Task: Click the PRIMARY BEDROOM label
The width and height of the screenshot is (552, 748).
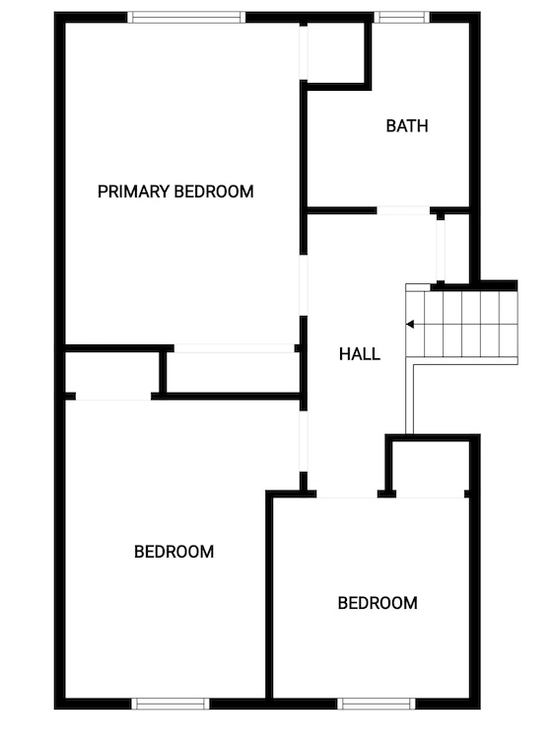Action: pyautogui.click(x=175, y=191)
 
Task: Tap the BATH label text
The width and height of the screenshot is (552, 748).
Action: pyautogui.click(x=407, y=126)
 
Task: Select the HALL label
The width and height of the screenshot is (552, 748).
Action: pyautogui.click(x=360, y=354)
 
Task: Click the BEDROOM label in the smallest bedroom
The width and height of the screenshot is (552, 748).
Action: pyautogui.click(x=378, y=603)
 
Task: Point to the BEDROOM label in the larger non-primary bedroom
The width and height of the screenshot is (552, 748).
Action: pyautogui.click(x=174, y=552)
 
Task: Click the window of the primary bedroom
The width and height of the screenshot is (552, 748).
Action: pyautogui.click(x=186, y=18)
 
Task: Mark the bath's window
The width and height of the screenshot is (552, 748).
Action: pyautogui.click(x=402, y=18)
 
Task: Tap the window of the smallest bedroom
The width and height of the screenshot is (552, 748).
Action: pyautogui.click(x=377, y=704)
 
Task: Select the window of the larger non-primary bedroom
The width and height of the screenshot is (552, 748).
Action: pyautogui.click(x=171, y=704)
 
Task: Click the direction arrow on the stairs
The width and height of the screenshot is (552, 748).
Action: pyautogui.click(x=410, y=325)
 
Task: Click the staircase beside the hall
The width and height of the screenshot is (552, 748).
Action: pyautogui.click(x=461, y=324)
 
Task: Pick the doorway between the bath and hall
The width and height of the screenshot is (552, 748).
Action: pyautogui.click(x=403, y=211)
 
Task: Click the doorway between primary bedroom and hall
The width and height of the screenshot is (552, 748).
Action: pyautogui.click(x=304, y=285)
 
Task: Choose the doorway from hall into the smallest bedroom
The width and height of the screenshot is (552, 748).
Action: pyautogui.click(x=347, y=494)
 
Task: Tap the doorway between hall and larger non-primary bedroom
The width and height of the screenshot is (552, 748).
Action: pyautogui.click(x=304, y=442)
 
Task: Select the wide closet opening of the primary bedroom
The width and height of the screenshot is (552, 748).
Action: pyautogui.click(x=234, y=348)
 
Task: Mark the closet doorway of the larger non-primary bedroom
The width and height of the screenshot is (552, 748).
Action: pyautogui.click(x=113, y=397)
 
